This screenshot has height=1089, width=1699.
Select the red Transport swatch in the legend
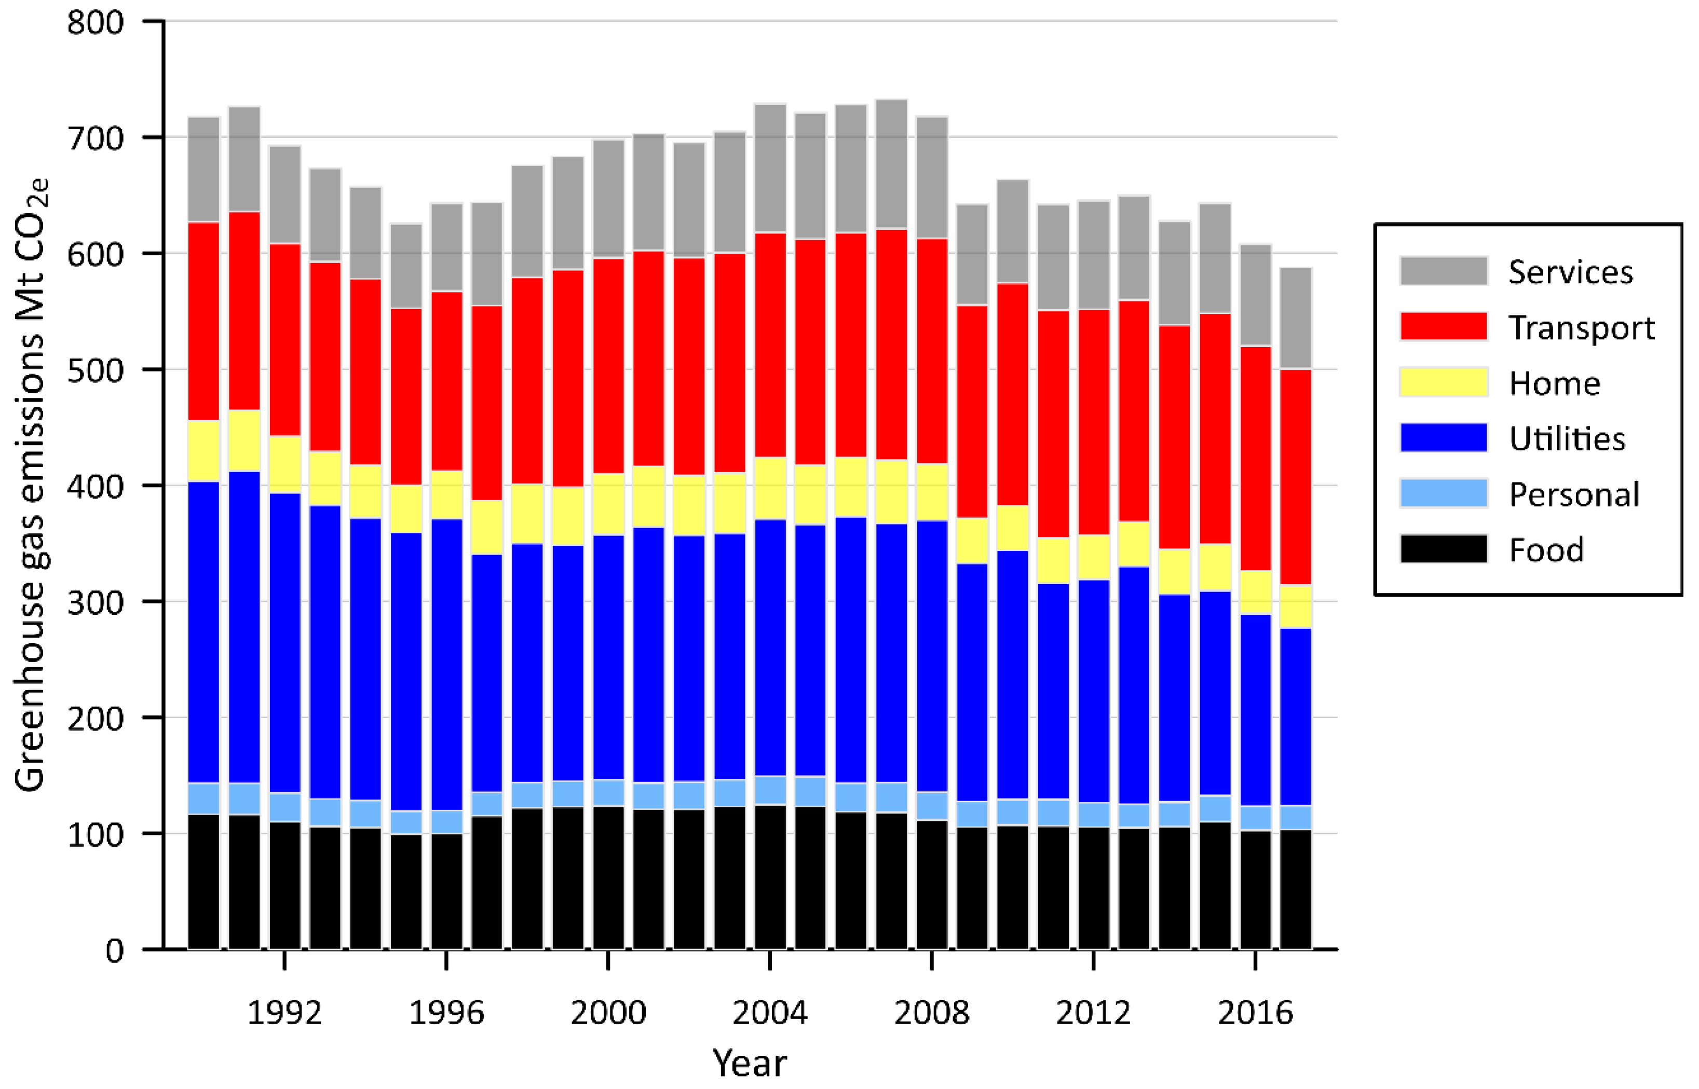point(1443,327)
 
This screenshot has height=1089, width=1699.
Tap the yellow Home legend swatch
point(1443,382)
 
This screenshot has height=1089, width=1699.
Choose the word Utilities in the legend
point(1567,439)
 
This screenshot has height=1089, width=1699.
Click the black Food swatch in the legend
point(1443,549)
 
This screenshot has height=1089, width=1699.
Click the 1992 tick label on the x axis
point(284,1013)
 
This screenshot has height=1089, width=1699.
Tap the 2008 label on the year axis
point(932,1013)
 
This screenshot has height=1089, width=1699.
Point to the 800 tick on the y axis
point(95,23)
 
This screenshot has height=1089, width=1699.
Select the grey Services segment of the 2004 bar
point(770,168)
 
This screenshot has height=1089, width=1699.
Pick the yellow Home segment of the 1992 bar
point(285,464)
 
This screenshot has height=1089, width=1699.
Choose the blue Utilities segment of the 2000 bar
point(608,658)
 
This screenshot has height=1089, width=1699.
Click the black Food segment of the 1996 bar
point(446,891)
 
